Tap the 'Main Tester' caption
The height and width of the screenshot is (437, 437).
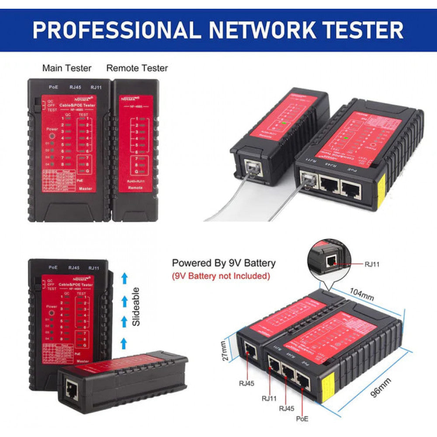(67, 68)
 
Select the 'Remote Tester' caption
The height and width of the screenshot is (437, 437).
(137, 68)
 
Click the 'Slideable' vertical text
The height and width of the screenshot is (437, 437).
(136, 306)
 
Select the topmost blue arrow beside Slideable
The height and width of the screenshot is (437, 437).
(124, 277)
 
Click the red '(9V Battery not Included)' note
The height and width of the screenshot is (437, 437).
(221, 276)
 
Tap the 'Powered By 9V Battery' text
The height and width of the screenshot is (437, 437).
(224, 263)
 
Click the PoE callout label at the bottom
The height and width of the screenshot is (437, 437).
(302, 419)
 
